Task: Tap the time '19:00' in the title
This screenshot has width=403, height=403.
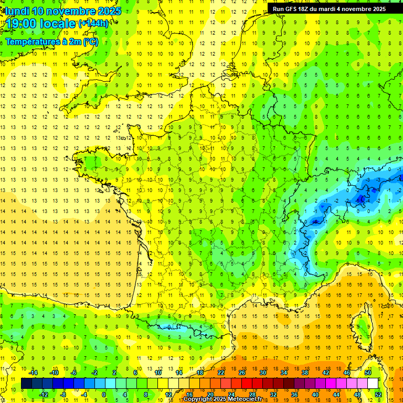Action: click(23, 24)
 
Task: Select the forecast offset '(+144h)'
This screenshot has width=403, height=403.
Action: click(93, 24)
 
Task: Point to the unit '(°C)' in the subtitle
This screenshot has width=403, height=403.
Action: click(89, 42)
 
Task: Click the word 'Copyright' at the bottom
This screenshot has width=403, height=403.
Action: click(198, 399)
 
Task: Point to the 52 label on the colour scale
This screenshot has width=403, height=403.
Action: click(378, 394)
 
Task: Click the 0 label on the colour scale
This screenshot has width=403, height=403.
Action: click(104, 394)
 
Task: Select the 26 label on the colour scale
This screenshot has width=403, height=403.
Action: click(242, 373)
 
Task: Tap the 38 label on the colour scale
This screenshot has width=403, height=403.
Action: click(305, 373)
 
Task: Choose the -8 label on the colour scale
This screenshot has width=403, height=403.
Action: click(63, 394)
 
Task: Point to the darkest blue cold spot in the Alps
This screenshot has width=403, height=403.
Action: click(360, 199)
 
